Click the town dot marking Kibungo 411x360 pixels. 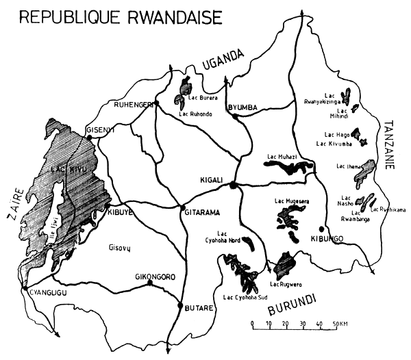321,229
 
